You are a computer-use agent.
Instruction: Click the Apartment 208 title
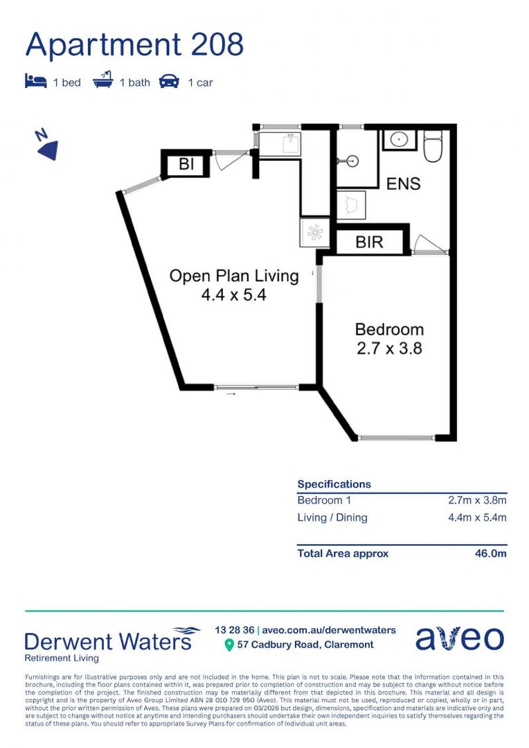(x=134, y=45)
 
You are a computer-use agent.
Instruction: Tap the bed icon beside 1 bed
(x=36, y=81)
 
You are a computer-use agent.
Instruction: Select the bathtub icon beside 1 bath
(x=103, y=80)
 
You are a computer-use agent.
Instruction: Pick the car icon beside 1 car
(x=170, y=82)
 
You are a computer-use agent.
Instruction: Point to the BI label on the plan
(x=186, y=164)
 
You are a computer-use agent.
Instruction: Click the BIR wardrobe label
(x=369, y=242)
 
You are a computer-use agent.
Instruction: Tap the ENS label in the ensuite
(x=403, y=184)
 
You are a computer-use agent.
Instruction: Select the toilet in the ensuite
(x=433, y=146)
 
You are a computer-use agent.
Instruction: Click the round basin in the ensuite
(x=398, y=140)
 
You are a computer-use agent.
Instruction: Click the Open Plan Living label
(x=234, y=276)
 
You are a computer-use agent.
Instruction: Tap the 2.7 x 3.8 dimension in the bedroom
(x=389, y=348)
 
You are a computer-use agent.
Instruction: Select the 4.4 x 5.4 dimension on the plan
(x=234, y=295)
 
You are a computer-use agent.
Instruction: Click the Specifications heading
(x=334, y=484)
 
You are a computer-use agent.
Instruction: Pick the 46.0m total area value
(x=490, y=553)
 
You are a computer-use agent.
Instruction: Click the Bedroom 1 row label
(x=324, y=501)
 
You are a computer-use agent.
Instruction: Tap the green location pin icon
(x=229, y=645)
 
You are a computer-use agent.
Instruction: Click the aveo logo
(x=459, y=638)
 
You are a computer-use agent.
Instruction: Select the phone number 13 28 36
(x=234, y=630)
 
